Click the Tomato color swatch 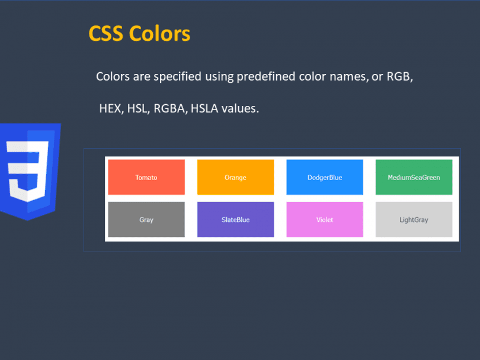coord(146,177)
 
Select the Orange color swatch coord(235,177)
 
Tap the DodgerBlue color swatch coord(325,177)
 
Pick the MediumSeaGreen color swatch coord(414,177)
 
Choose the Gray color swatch coord(146,219)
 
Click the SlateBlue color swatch coord(235,219)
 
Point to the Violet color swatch coord(325,219)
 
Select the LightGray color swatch coord(414,219)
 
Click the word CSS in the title coord(106,33)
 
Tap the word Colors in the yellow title coord(159,33)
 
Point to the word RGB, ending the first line coord(400,76)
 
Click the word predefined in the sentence coord(266,77)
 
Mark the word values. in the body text coord(241,108)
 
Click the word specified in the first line coord(178,77)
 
